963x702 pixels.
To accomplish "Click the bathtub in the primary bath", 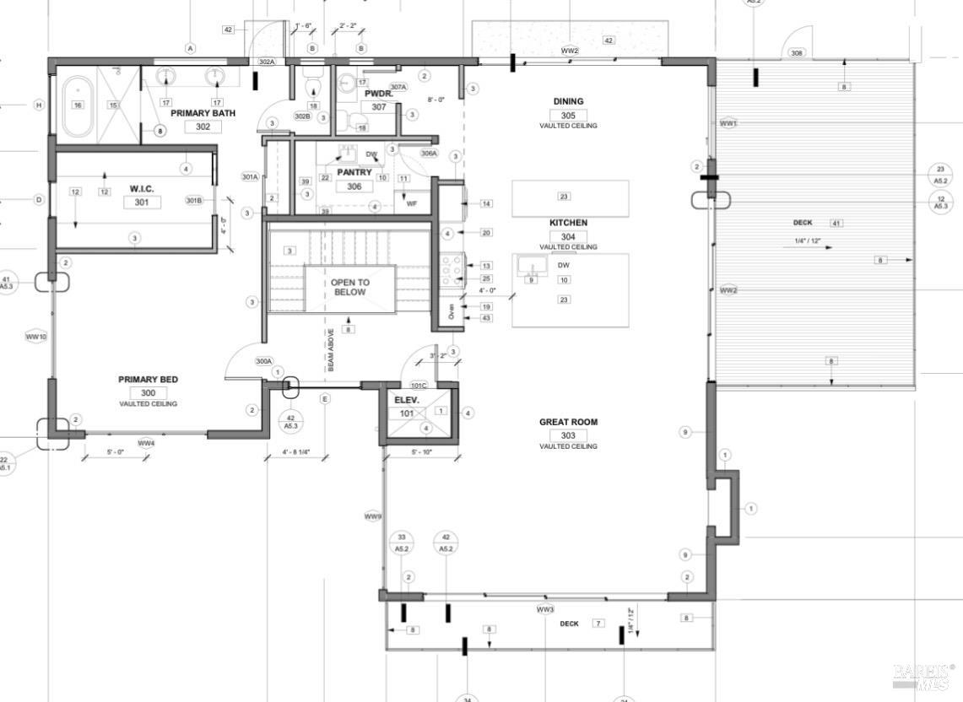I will click(78, 106).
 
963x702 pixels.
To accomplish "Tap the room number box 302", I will click(203, 127).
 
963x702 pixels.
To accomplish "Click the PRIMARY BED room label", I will click(148, 380).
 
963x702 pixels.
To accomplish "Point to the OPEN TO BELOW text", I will click(349, 287).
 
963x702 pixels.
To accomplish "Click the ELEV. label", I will click(407, 400).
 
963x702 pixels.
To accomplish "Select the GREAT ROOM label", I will click(568, 422).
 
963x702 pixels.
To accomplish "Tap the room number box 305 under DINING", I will click(568, 115).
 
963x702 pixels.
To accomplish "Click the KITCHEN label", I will click(568, 223).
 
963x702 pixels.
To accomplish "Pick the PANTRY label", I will click(354, 172).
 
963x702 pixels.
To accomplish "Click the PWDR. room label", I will click(379, 94).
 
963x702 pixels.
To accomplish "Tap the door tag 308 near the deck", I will click(796, 52).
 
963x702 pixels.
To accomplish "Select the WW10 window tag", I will click(36, 337).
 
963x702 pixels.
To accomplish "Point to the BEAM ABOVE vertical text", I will click(331, 349).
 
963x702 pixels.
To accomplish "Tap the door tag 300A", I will click(263, 361).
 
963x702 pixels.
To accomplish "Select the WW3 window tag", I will click(544, 609).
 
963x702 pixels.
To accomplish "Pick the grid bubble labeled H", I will click(38, 105).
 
